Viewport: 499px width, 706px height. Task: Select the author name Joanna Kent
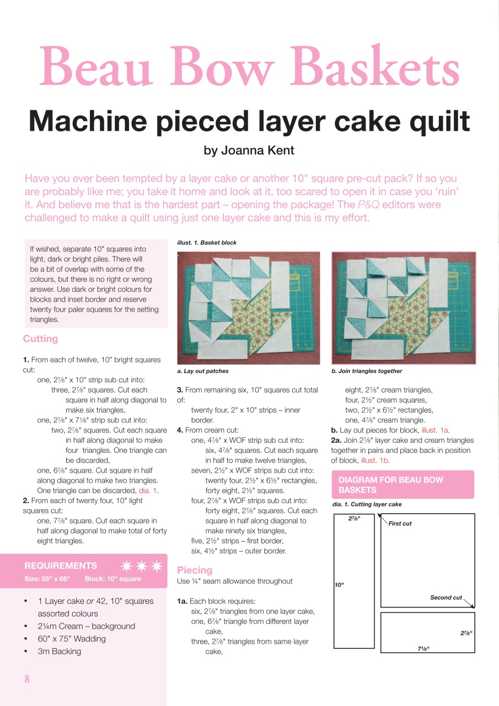click(249, 151)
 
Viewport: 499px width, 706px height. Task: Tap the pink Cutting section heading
click(40, 339)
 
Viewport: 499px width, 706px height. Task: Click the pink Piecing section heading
click(194, 570)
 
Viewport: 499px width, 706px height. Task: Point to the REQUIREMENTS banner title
click(61, 565)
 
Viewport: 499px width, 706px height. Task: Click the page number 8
click(26, 678)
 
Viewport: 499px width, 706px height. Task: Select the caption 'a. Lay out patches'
click(202, 371)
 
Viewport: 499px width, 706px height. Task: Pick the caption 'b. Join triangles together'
click(367, 371)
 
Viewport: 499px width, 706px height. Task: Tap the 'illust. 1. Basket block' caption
click(206, 243)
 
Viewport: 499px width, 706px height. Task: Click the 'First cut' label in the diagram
click(400, 523)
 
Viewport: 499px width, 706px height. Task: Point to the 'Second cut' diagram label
click(446, 597)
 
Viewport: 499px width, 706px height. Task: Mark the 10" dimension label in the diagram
click(339, 585)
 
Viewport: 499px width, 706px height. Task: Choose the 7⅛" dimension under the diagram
click(423, 648)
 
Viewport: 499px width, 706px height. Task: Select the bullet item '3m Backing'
click(60, 651)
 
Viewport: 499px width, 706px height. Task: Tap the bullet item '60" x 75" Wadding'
click(72, 639)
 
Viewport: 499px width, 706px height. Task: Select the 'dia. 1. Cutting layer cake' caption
click(367, 504)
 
